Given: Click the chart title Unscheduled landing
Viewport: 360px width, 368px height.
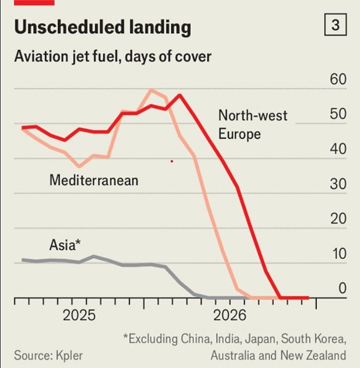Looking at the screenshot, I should (102, 28).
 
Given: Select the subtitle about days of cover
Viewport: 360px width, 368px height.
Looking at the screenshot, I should (112, 56).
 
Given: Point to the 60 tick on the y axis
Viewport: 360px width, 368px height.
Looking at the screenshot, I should (338, 80).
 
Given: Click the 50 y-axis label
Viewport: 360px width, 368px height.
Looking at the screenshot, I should (338, 114).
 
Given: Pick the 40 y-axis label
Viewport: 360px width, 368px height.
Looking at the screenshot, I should (338, 150).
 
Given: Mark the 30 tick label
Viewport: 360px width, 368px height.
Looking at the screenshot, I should (338, 184).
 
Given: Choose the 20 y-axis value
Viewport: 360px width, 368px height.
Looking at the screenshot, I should (338, 219).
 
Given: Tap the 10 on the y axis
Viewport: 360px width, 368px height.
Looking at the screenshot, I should (338, 254).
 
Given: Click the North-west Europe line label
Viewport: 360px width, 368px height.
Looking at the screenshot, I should (252, 124).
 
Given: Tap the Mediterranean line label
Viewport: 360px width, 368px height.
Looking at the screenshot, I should (94, 180).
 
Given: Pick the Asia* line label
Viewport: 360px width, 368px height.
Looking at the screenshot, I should (65, 245).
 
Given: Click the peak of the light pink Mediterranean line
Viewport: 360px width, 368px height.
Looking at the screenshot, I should (151, 90).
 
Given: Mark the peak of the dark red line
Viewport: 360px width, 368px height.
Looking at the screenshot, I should (180, 95).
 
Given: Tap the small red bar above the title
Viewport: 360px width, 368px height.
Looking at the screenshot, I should (34, 3).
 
